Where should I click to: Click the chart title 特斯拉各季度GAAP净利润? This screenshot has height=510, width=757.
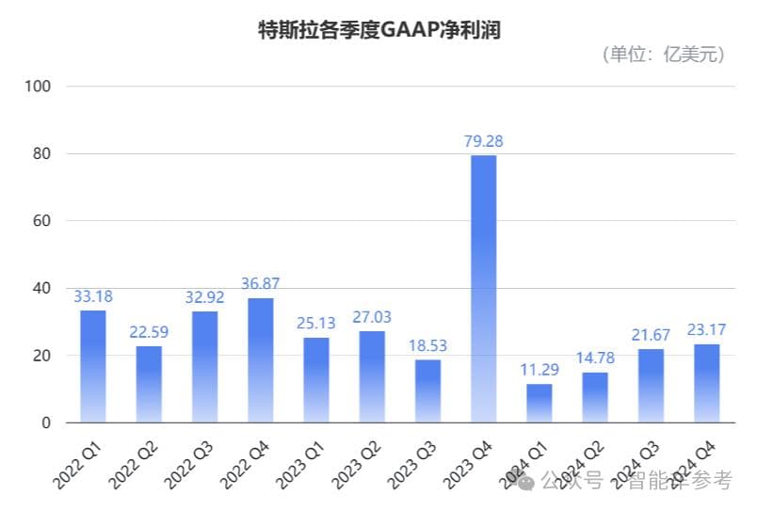tap(378, 30)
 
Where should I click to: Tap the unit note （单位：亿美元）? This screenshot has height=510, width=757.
tap(664, 55)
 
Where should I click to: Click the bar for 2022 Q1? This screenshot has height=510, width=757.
tap(92, 366)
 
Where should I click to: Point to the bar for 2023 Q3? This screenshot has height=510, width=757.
tap(427, 390)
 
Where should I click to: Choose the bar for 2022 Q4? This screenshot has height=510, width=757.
tap(260, 360)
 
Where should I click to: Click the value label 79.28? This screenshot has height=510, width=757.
tap(483, 141)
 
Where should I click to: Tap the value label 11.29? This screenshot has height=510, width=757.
tap(540, 370)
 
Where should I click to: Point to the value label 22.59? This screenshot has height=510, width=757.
tap(148, 332)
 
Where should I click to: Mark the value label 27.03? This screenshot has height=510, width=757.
tap(372, 317)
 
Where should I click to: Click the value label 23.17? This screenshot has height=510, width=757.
tap(706, 330)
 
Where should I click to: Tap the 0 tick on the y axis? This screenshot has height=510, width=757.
tap(45, 423)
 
